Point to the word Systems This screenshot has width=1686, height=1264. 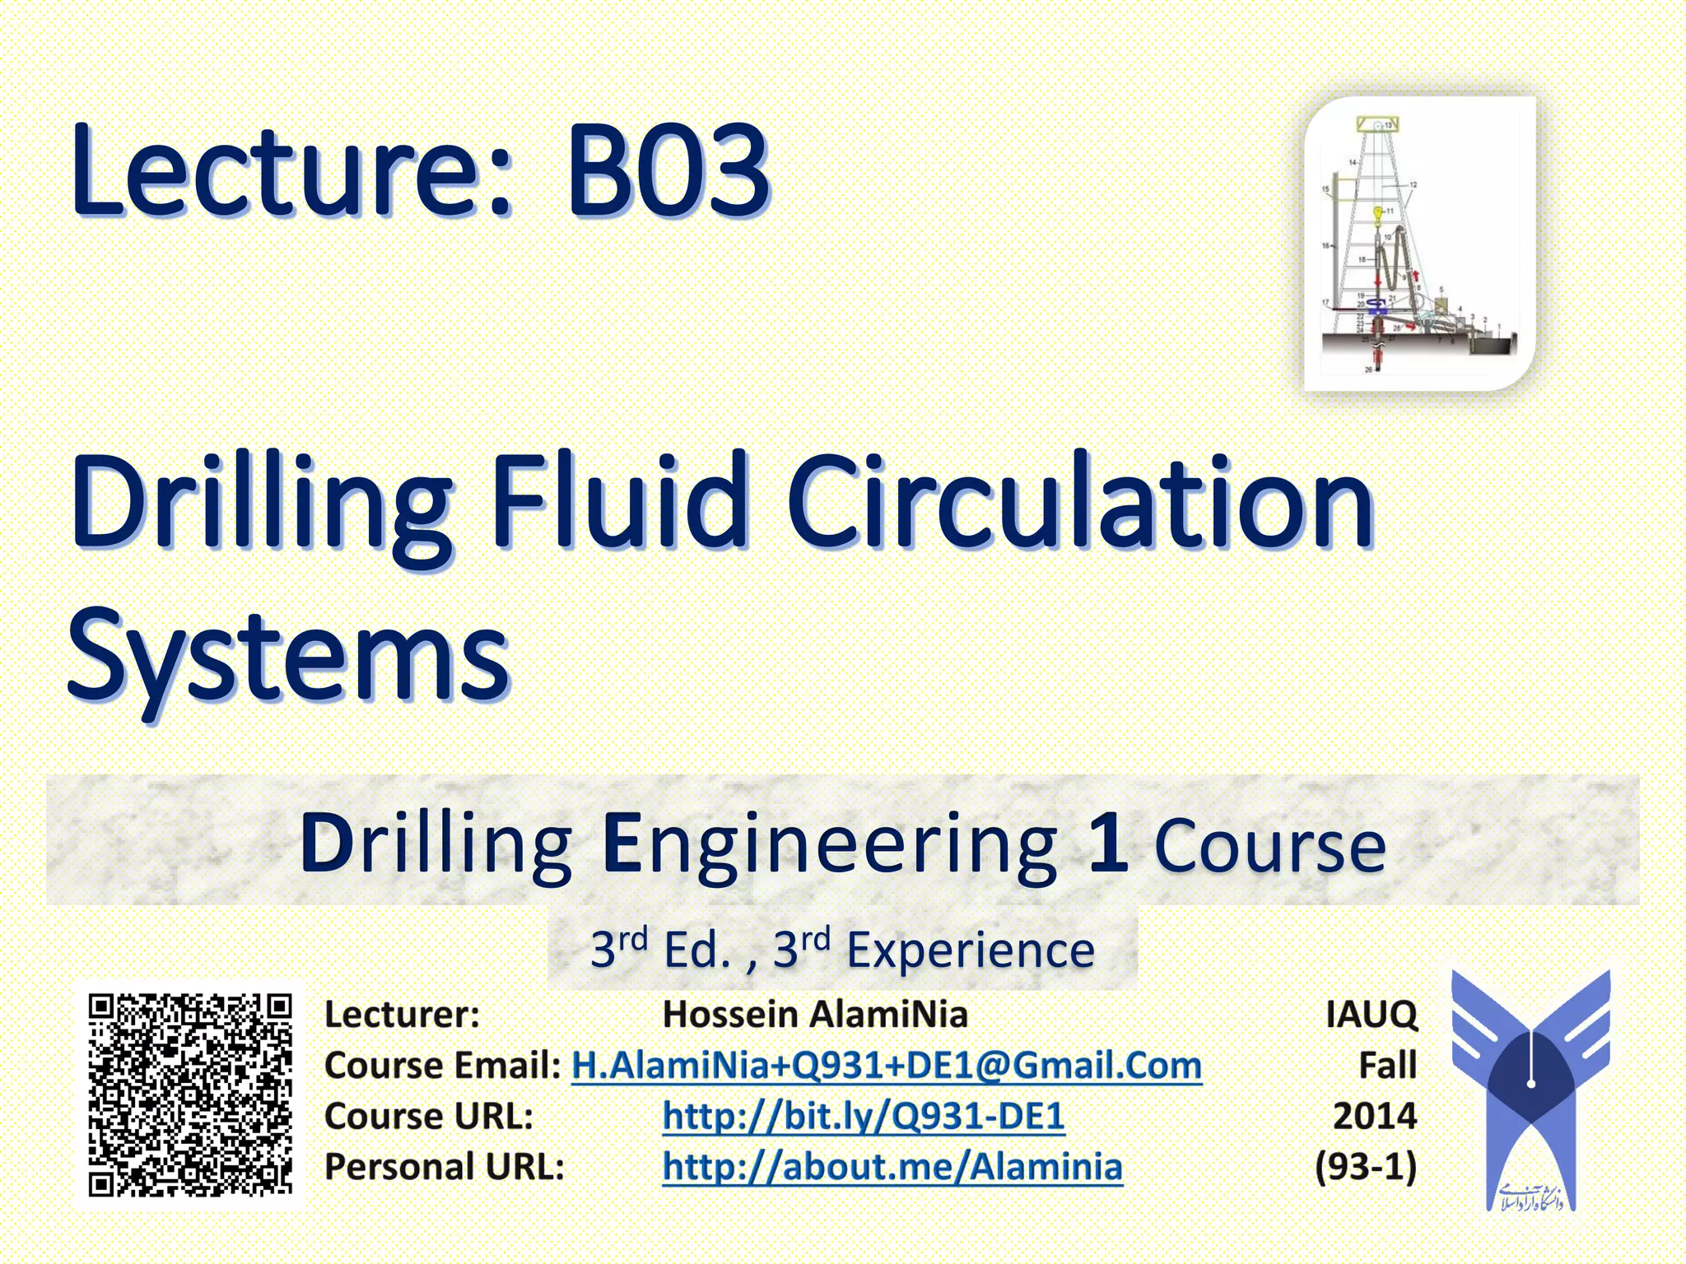tap(289, 658)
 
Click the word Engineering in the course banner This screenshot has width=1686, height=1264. tap(830, 844)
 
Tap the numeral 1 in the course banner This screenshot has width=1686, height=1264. tap(1107, 843)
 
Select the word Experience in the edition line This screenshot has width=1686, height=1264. tap(971, 950)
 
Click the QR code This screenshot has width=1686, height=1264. tap(190, 1094)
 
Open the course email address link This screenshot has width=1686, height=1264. tap(887, 1066)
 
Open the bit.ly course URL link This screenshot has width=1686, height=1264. tap(864, 1117)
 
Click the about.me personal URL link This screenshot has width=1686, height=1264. tap(892, 1167)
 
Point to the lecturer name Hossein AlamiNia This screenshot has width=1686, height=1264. tap(815, 1015)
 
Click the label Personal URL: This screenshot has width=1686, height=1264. tap(445, 1167)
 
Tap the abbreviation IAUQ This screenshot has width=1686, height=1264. tap(1372, 1015)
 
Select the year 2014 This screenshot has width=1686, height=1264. tap(1375, 1117)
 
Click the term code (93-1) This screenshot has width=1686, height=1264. tap(1366, 1167)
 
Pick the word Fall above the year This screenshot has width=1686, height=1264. tap(1387, 1066)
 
